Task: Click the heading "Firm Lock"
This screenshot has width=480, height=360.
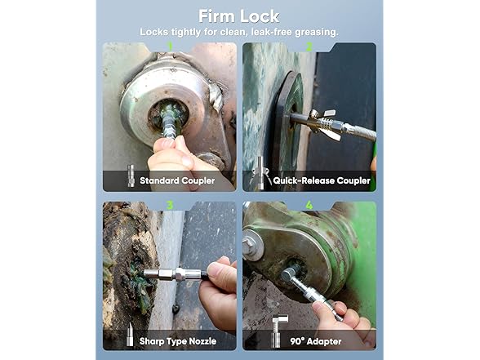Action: [x=238, y=16]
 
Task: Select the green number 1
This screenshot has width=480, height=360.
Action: [x=170, y=47]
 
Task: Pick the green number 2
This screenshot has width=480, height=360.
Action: [x=309, y=47]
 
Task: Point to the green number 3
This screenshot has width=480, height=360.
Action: [x=170, y=205]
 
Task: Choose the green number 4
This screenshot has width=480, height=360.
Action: [x=309, y=205]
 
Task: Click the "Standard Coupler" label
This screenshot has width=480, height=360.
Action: [x=177, y=180]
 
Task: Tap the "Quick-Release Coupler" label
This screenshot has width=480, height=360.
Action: [x=322, y=180]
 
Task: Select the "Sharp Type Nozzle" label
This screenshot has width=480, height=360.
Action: [x=178, y=341]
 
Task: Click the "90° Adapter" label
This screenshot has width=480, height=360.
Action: [x=316, y=341]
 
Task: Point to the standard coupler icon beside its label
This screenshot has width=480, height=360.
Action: [x=131, y=176]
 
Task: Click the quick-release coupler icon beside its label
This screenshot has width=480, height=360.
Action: [x=261, y=174]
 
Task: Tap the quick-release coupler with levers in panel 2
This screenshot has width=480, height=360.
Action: [x=326, y=124]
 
